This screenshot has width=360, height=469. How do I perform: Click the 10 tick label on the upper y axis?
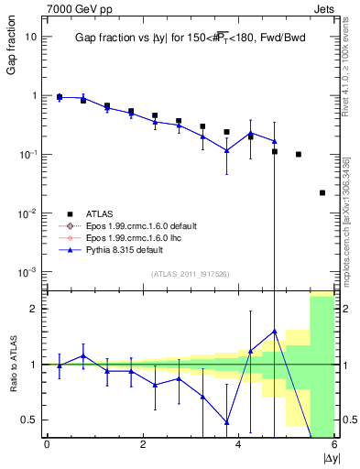click(31, 37)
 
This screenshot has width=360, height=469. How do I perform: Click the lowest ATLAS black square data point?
click(322, 192)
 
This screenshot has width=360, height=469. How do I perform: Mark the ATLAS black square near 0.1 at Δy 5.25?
click(299, 154)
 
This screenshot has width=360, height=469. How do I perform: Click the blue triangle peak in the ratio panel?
click(274, 332)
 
